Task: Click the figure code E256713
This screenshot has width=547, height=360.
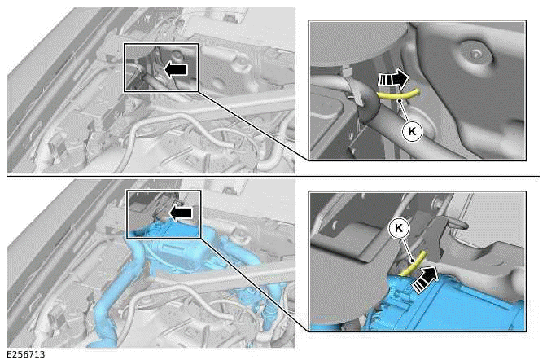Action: (x=26, y=354)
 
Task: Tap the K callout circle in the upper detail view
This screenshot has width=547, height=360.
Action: (x=412, y=131)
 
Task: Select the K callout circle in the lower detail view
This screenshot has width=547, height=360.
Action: (x=399, y=228)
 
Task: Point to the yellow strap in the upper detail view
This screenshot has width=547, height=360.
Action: (x=399, y=95)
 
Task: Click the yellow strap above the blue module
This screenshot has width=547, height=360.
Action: (x=414, y=263)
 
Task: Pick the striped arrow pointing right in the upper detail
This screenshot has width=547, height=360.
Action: (x=393, y=79)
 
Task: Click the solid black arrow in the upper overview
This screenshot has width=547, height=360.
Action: (x=176, y=69)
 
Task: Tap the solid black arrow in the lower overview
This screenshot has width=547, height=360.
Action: (x=181, y=213)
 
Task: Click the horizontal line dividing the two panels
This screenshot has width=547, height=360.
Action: (x=273, y=176)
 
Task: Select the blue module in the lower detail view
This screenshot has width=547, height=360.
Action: (x=450, y=301)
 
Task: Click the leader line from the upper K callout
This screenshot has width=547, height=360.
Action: (x=405, y=112)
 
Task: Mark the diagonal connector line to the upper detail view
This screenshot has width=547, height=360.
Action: (x=254, y=126)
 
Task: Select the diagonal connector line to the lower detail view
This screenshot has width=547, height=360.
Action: (x=255, y=284)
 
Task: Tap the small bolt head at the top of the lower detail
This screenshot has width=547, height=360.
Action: (x=436, y=201)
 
